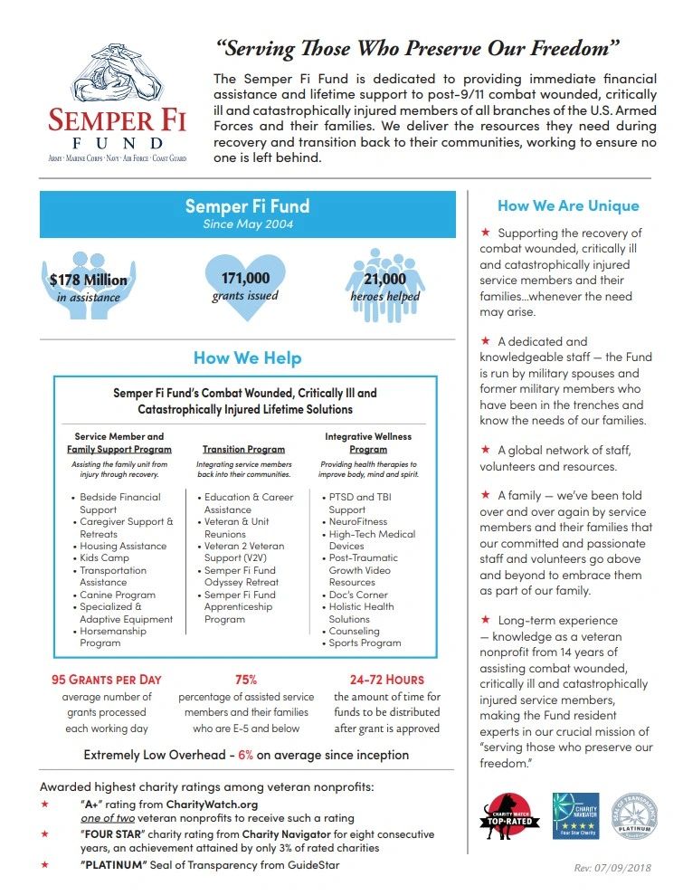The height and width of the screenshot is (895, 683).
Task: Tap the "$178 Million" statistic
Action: point(88,280)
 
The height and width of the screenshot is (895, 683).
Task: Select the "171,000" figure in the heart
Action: point(245,278)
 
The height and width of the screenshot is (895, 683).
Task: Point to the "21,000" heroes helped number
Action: point(384,280)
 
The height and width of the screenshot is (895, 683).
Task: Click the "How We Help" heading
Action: point(247,357)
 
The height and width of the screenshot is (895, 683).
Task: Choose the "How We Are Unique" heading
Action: point(568,205)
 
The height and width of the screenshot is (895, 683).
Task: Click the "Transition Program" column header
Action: point(243,449)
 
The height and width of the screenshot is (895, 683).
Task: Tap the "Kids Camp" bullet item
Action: point(104,558)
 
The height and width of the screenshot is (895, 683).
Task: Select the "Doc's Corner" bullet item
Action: point(358,595)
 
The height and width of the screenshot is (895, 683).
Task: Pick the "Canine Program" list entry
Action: point(117,595)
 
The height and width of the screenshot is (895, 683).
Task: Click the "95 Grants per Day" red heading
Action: point(107,679)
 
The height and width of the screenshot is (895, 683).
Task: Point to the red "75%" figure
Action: point(246,679)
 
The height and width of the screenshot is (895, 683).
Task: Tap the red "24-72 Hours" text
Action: point(386,679)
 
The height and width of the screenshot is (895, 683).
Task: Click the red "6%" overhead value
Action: point(246,755)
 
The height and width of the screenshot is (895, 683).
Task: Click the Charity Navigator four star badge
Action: point(575,816)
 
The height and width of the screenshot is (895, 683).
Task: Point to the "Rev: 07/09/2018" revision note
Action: point(612,868)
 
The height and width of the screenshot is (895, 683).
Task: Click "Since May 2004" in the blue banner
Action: point(247,224)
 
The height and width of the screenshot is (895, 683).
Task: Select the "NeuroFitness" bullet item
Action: point(358,521)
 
